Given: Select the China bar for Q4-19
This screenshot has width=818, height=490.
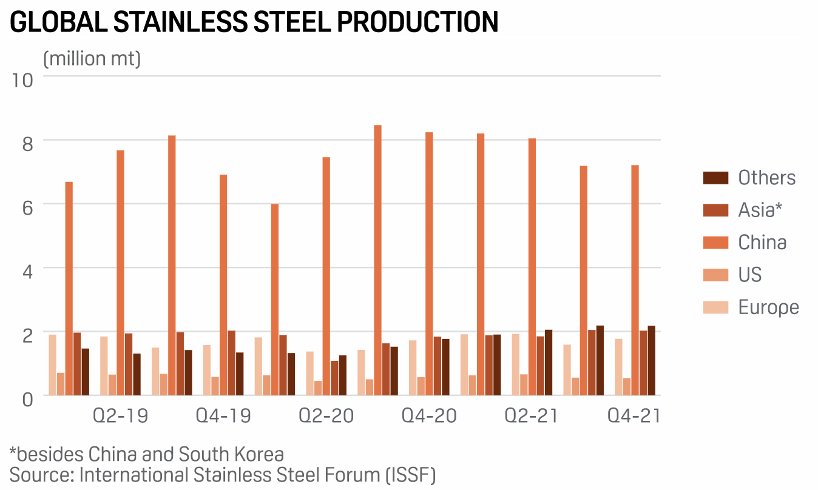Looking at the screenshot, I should [x=223, y=285].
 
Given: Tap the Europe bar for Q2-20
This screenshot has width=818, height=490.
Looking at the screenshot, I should [x=309, y=373].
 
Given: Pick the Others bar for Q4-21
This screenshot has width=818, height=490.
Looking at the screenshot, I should [x=651, y=360].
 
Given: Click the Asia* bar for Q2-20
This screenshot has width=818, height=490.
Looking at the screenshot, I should [x=334, y=378].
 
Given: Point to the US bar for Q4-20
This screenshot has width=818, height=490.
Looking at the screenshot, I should [x=421, y=386].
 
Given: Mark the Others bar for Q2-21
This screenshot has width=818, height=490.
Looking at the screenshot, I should [x=549, y=362].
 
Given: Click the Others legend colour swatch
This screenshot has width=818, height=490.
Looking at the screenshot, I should [x=715, y=178].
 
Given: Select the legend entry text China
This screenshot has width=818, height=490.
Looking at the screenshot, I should [x=762, y=243].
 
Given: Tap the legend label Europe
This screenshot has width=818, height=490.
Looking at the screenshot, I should [x=768, y=307].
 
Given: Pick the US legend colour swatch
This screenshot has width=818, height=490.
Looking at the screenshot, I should [x=715, y=275].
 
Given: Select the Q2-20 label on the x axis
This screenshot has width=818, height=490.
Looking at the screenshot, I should [x=326, y=416].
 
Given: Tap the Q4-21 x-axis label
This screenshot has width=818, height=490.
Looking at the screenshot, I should [x=634, y=416].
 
